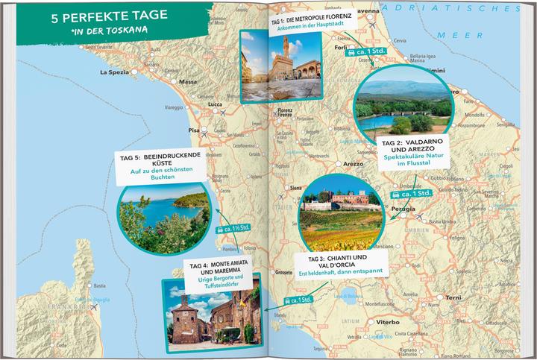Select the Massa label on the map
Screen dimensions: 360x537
pyautogui.click(x=187, y=81)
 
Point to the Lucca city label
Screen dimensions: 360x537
pyautogui.click(x=214, y=104)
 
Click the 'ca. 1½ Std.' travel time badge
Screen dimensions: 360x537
pyautogui.click(x=233, y=228)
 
